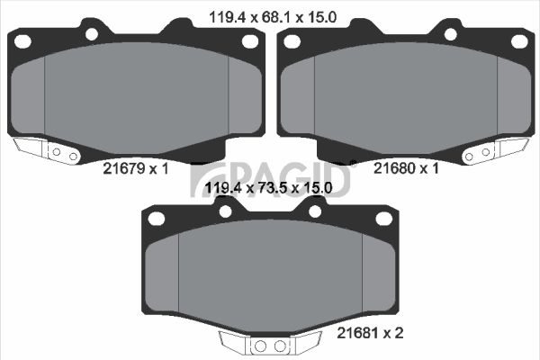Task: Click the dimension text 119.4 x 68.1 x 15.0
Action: pyautogui.click(x=273, y=17)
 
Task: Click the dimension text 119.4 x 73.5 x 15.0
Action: pyautogui.click(x=268, y=188)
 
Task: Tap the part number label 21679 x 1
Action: pyautogui.click(x=136, y=168)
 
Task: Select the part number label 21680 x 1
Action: pyautogui.click(x=407, y=168)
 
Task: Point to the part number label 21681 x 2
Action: pyautogui.click(x=370, y=333)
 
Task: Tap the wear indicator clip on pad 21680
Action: pyautogui.click(x=494, y=150)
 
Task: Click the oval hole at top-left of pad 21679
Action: pyautogui.click(x=23, y=41)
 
